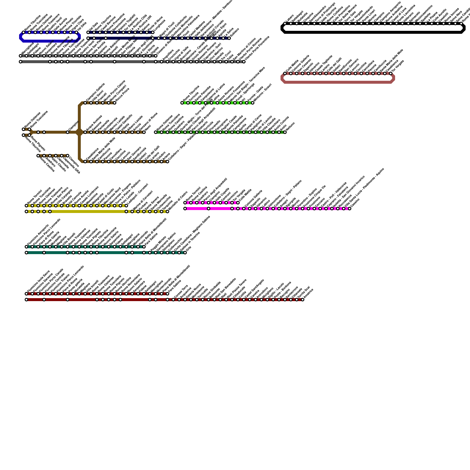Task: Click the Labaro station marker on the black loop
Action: pyautogui.click(x=285, y=23)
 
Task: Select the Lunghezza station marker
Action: pyautogui.click(x=153, y=32)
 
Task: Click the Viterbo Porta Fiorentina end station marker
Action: pyautogui.click(x=244, y=62)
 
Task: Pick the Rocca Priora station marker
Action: pyautogui.click(x=115, y=103)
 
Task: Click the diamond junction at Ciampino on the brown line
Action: pyautogui.click(x=79, y=132)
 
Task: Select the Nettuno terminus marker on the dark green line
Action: pyautogui.click(x=285, y=132)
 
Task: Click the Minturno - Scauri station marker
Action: pyautogui.click(x=253, y=103)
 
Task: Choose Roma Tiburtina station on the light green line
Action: pyautogui.click(x=182, y=103)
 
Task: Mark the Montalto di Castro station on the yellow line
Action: pyautogui.click(x=167, y=211)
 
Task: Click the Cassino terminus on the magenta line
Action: pyautogui.click(x=350, y=209)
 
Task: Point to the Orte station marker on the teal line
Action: pyautogui.click(x=185, y=253)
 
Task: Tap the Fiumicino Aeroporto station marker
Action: pyautogui.click(x=26, y=247)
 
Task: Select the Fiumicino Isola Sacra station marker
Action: pyautogui.click(x=26, y=294)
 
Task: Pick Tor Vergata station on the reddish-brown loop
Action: pyautogui.click(x=391, y=73)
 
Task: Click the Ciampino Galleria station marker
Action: pyautogui.click(x=85, y=103)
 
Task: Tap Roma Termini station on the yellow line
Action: pyautogui.click(x=26, y=206)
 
